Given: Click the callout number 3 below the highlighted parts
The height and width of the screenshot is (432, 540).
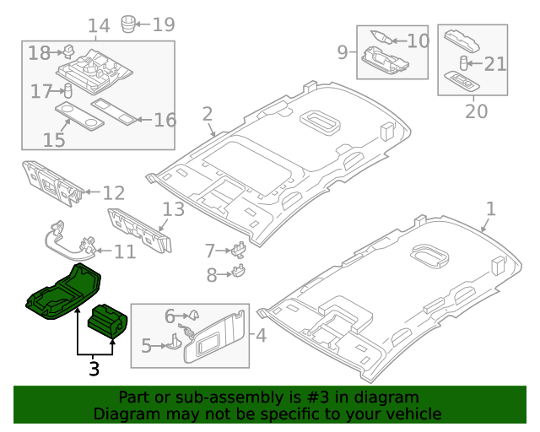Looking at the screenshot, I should pyautogui.click(x=94, y=369).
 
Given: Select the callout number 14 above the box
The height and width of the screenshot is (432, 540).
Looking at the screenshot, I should pyautogui.click(x=99, y=26).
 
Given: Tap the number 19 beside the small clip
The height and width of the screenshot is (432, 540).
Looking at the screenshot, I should pyautogui.click(x=163, y=24).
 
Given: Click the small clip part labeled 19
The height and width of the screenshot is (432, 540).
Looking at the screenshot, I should pyautogui.click(x=129, y=22).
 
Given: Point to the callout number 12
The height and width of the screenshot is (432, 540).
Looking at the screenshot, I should pyautogui.click(x=113, y=193).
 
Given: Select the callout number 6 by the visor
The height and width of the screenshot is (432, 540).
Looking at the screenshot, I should pyautogui.click(x=170, y=316).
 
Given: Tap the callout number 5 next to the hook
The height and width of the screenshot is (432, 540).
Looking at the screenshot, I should pyautogui.click(x=146, y=345).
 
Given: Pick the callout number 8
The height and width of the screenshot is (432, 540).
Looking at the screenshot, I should pyautogui.click(x=213, y=273).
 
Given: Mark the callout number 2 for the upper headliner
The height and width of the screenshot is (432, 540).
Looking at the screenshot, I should pyautogui.click(x=208, y=114).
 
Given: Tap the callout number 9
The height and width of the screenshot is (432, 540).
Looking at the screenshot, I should pyautogui.click(x=343, y=52).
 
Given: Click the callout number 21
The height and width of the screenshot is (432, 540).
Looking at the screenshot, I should pyautogui.click(x=496, y=63).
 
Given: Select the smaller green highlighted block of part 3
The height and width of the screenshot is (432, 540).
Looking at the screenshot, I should pyautogui.click(x=108, y=321).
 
